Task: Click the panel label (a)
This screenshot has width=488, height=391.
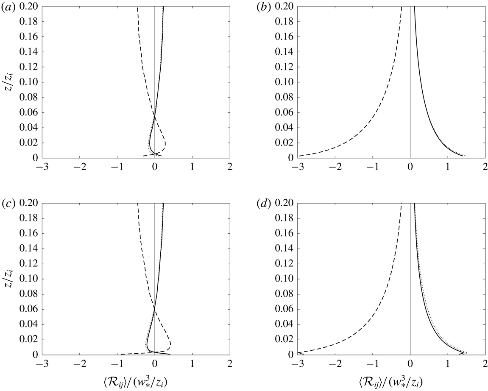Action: point(9,7)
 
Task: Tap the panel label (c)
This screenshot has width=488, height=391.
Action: point(9,204)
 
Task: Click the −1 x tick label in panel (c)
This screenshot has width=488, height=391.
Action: point(117,362)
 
